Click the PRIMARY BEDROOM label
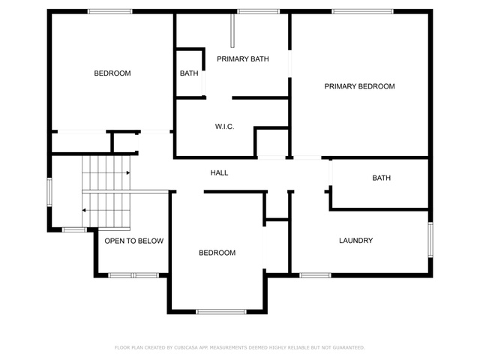coord(359,86)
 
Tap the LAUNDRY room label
coord(355,241)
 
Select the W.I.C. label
coord(224,127)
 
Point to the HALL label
coord(219,173)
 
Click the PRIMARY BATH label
coord(243,58)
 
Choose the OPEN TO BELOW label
coord(133,241)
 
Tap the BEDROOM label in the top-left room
coord(112,73)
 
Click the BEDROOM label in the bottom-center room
coord(217,253)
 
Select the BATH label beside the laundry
coord(382,178)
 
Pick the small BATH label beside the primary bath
coord(189,73)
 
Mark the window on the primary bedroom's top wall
coord(362,12)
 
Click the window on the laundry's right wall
coord(430,240)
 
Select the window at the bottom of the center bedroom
coord(221,312)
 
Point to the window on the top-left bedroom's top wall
coord(110,12)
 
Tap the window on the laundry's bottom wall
coord(315,275)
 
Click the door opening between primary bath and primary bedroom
coord(289,64)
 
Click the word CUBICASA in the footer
coord(186,347)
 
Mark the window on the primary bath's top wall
coord(258,12)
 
